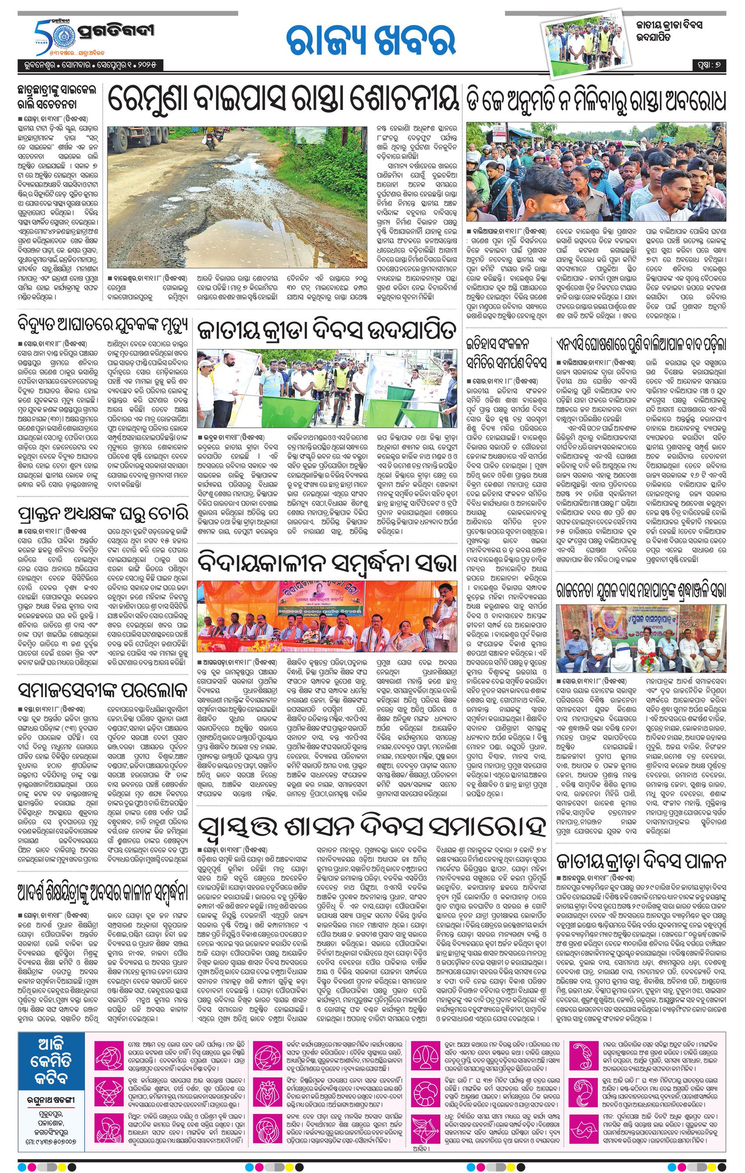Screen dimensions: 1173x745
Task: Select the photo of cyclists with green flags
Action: pos(326,388)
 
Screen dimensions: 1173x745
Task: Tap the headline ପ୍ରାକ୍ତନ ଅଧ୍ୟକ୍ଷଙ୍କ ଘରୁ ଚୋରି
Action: pos(95,514)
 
